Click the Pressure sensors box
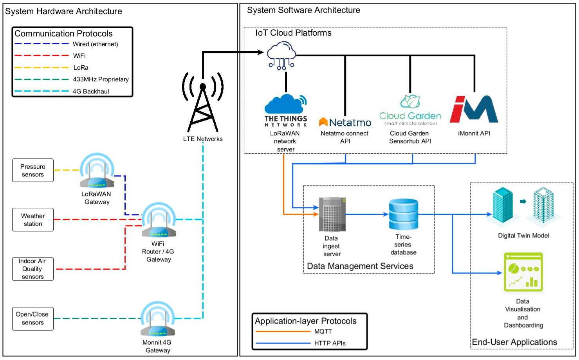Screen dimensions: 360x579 pyautogui.click(x=32, y=170)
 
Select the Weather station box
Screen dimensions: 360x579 pyautogui.click(x=32, y=220)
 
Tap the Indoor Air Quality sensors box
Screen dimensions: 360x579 pyautogui.click(x=32, y=269)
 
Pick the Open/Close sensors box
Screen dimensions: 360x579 pyautogui.click(x=32, y=319)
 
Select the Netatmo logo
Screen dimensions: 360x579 pyautogui.click(x=345, y=122)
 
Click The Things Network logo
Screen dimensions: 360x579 pyautogui.click(x=285, y=110)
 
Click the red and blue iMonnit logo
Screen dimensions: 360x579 pyautogui.click(x=474, y=109)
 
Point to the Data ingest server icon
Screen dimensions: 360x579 pyautogui.click(x=332, y=214)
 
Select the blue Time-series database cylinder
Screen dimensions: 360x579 pyautogui.click(x=403, y=214)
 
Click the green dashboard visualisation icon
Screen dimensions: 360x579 pyautogui.click(x=523, y=272)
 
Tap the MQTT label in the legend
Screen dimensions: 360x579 pyautogui.click(x=323, y=331)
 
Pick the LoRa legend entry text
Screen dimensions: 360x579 pyautogui.click(x=81, y=68)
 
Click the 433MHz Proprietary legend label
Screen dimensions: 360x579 pyautogui.click(x=101, y=79)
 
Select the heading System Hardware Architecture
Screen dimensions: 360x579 pyautogui.click(x=63, y=11)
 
